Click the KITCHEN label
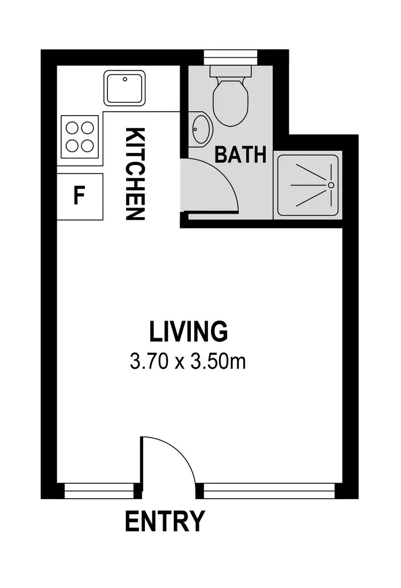(x=135, y=174)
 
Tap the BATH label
(x=240, y=155)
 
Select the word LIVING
(x=188, y=331)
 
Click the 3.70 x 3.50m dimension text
(x=188, y=362)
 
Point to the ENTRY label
(x=165, y=521)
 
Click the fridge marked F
(x=80, y=196)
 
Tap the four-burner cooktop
(x=80, y=136)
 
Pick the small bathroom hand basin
(x=201, y=129)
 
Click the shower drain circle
(x=331, y=185)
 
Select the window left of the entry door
(x=98, y=490)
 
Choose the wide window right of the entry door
(x=269, y=490)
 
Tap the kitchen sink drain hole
(x=125, y=79)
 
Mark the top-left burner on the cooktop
(x=72, y=127)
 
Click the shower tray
(x=307, y=185)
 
